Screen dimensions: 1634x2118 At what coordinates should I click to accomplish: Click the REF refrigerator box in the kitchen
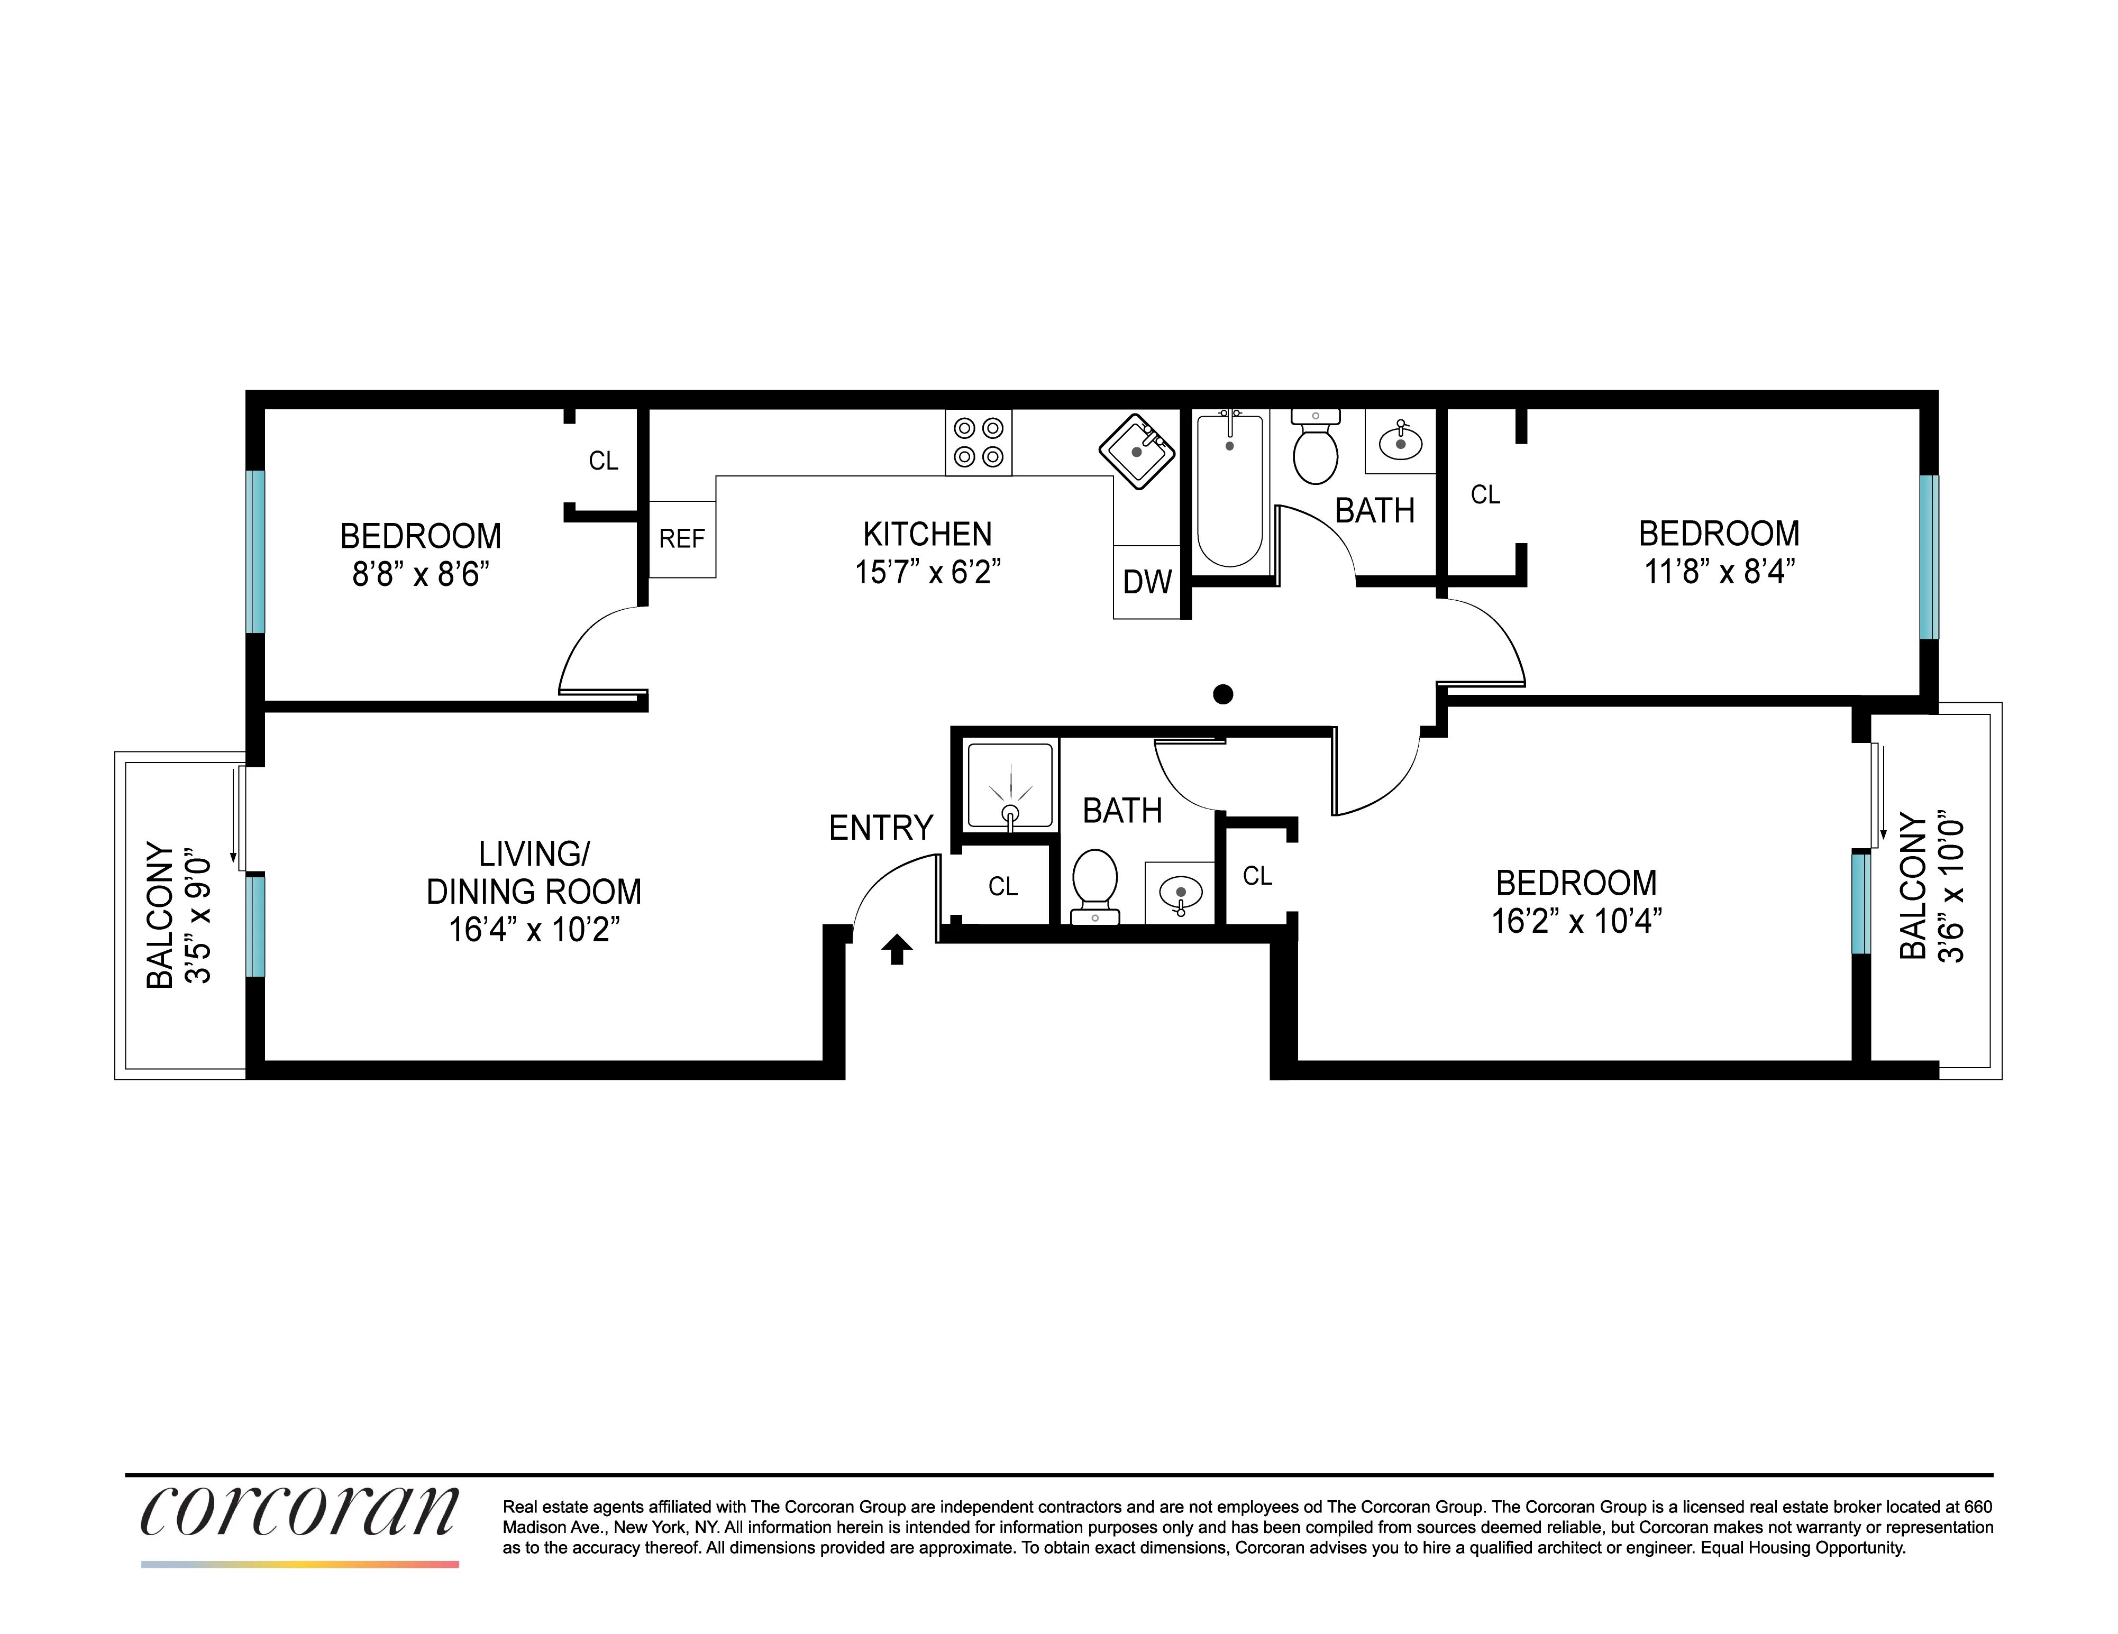tap(682, 539)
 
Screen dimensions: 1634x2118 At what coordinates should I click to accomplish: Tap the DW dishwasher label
tap(1147, 582)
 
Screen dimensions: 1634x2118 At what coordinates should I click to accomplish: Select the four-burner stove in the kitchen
tap(979, 442)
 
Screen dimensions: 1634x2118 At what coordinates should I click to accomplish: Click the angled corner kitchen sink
tap(1137, 452)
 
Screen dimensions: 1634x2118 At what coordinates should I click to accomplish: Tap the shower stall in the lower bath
tap(1009, 785)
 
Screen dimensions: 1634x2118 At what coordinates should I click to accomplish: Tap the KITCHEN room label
tap(927, 534)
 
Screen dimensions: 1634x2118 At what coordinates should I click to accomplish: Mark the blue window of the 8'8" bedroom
tap(255, 551)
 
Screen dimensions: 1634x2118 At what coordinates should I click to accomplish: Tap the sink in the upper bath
tap(1400, 442)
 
